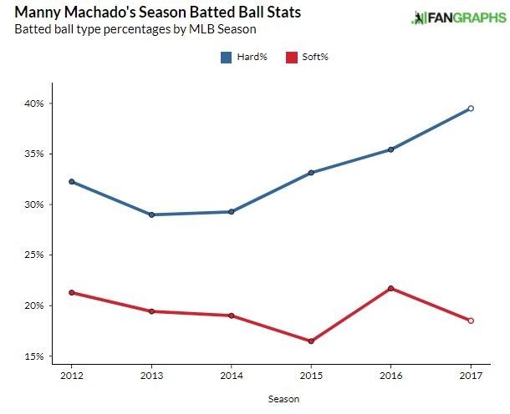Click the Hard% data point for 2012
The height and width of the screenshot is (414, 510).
[72, 181]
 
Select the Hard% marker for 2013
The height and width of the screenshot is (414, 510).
[151, 215]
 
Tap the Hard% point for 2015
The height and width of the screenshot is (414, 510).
[311, 173]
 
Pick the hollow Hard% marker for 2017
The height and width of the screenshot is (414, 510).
[471, 109]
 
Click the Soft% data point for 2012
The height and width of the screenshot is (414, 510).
[72, 293]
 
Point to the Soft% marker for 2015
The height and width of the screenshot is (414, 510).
[311, 341]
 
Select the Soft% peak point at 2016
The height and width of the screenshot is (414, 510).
[390, 288]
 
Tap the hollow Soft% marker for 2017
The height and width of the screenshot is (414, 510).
[471, 321]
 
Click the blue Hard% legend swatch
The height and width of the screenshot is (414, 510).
[227, 58]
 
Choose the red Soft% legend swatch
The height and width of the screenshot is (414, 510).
[292, 58]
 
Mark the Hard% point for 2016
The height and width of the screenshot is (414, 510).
[390, 149]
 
